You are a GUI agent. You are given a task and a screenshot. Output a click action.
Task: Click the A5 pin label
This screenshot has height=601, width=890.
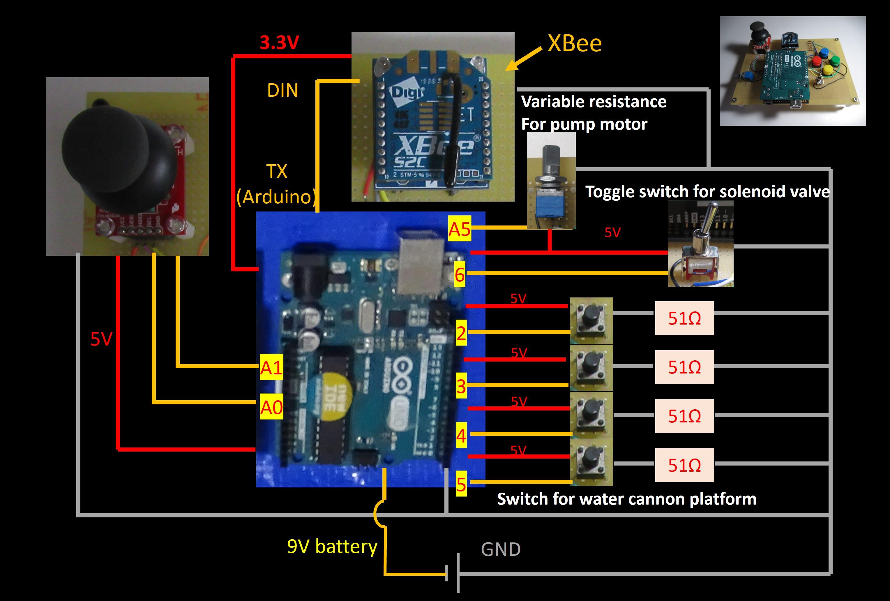click(x=459, y=229)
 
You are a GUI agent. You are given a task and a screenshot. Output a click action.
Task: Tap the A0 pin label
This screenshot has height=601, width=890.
click(x=271, y=406)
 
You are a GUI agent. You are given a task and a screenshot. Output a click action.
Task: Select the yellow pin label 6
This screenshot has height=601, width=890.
click(x=460, y=274)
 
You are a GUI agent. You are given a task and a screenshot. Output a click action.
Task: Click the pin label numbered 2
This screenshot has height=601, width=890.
click(x=461, y=333)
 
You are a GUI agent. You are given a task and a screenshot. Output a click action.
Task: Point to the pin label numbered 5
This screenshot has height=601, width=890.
click(x=461, y=484)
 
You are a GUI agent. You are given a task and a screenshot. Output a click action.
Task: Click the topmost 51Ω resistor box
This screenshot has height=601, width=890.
click(x=684, y=318)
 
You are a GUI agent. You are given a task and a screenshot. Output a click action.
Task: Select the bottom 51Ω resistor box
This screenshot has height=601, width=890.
click(x=684, y=465)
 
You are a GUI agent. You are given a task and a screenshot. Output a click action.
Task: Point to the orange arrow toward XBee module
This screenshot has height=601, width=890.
click(x=523, y=60)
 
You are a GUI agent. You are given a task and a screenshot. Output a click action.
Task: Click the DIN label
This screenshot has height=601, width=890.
click(x=282, y=90)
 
